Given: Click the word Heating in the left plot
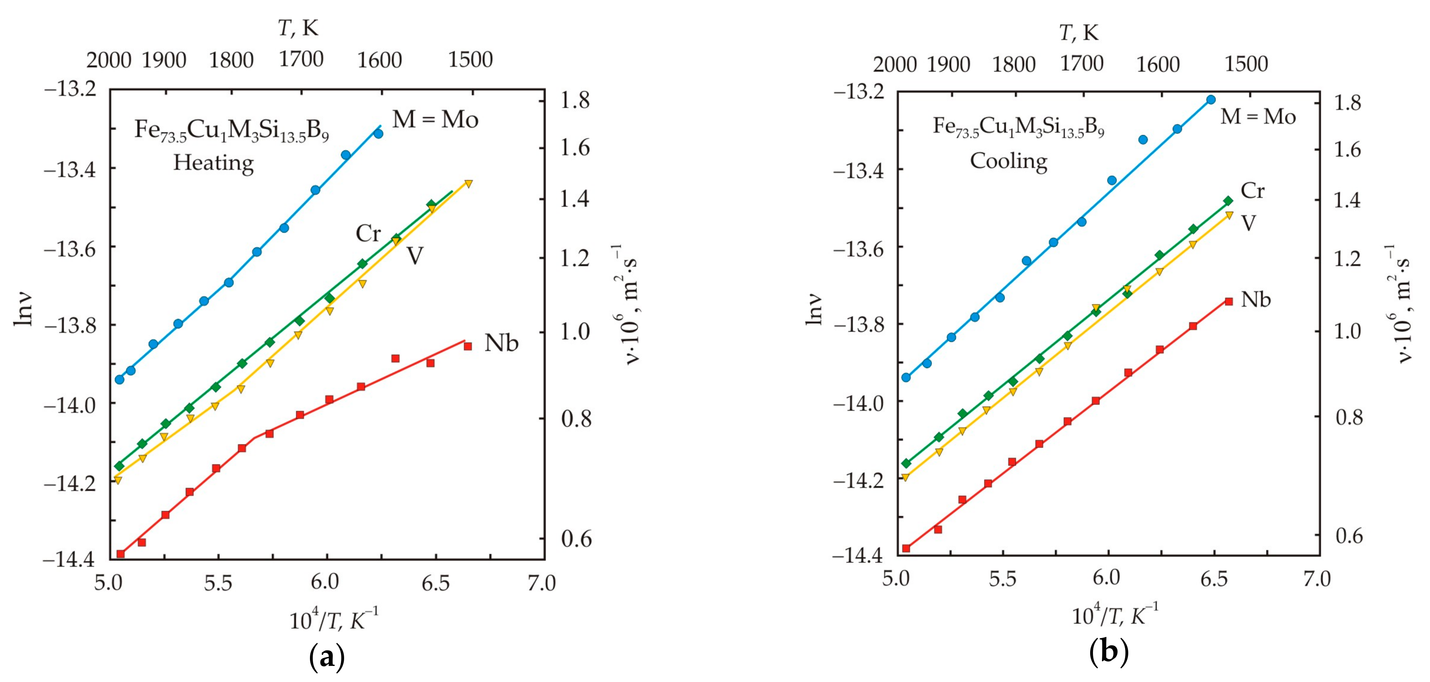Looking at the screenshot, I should pyautogui.click(x=213, y=163).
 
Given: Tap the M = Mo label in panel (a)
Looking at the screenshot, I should pyautogui.click(x=435, y=119).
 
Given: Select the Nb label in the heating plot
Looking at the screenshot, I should pyautogui.click(x=501, y=343).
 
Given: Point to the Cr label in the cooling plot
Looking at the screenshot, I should pyautogui.click(x=1252, y=191).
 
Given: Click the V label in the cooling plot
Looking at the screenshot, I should pyautogui.click(x=1248, y=223).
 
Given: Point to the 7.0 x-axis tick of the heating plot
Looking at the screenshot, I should pyautogui.click(x=541, y=583).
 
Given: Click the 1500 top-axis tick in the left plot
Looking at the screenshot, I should pyautogui.click(x=470, y=59).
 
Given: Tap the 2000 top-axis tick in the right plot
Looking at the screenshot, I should pyautogui.click(x=894, y=64).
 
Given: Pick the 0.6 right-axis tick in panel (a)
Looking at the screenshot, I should pyautogui.click(x=576, y=538).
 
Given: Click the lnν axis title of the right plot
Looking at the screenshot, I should pyautogui.click(x=814, y=308).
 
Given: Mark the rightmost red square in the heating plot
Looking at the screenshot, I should pyautogui.click(x=467, y=346).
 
